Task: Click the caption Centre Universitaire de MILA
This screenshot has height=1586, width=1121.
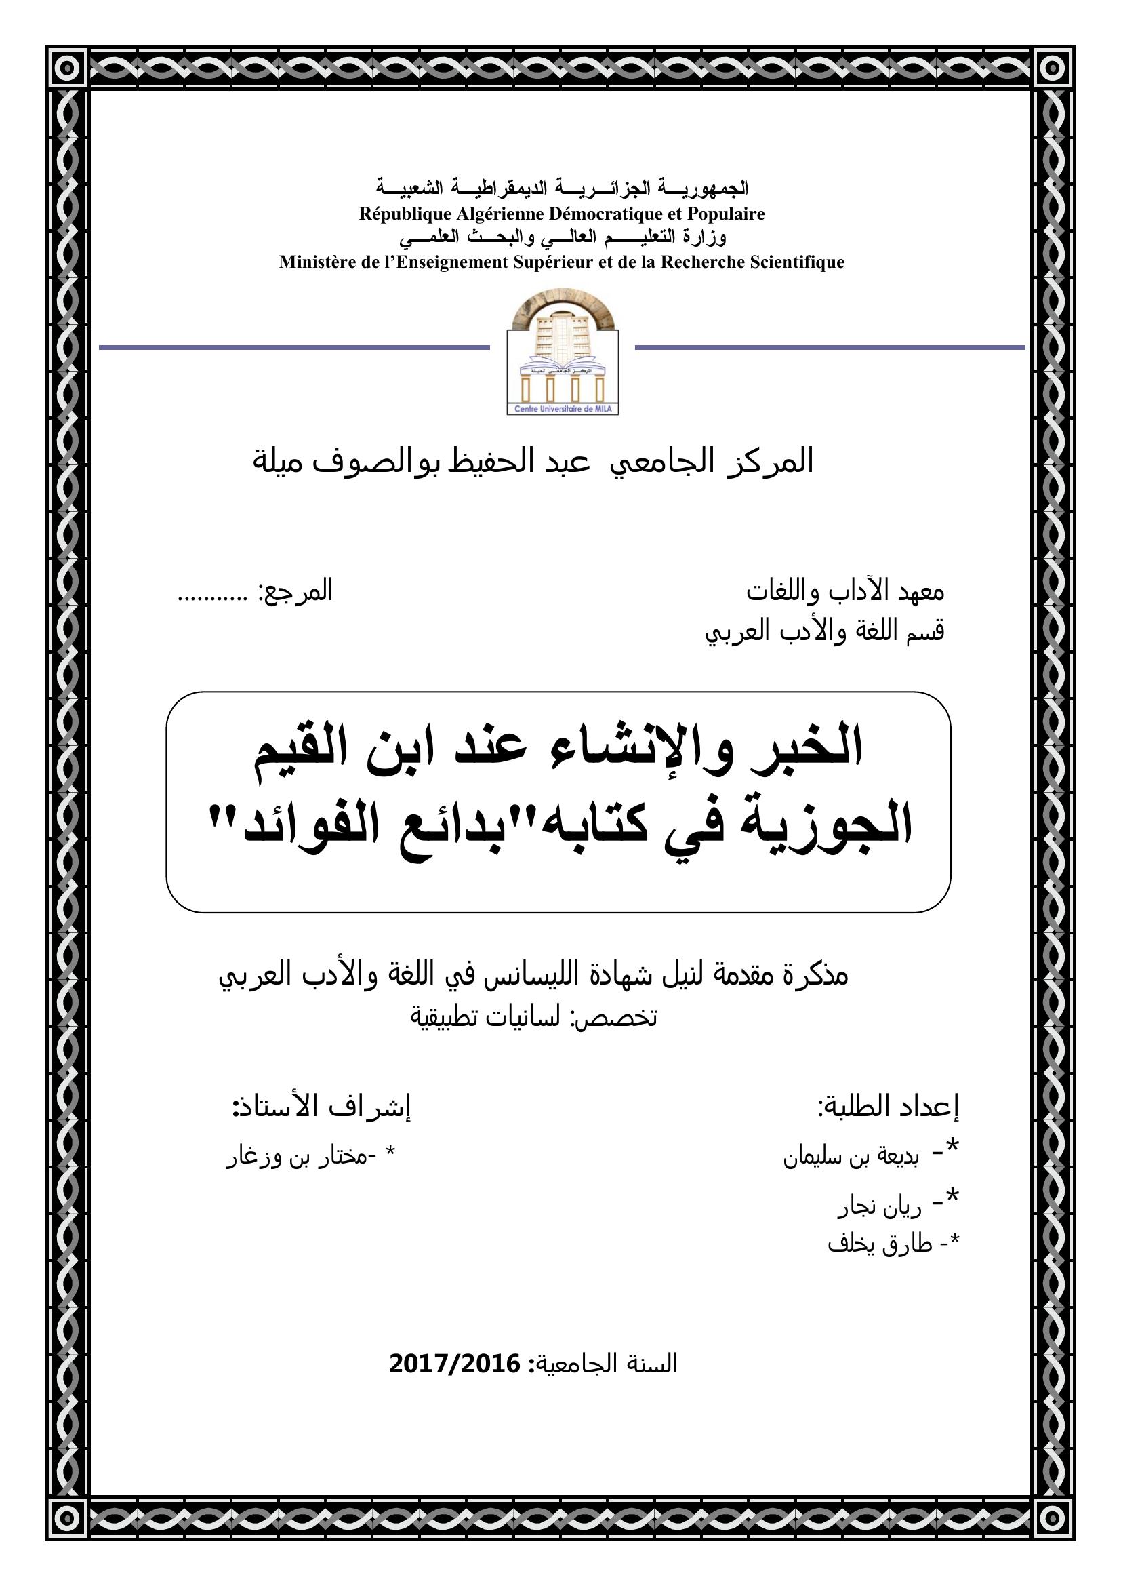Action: click(x=563, y=410)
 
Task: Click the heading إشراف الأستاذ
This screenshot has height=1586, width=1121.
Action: click(x=322, y=1108)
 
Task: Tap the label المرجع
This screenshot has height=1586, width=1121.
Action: click(x=295, y=592)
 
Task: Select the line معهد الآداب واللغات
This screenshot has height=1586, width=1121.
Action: click(x=845, y=592)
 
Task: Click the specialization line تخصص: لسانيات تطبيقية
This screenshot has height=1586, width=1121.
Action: click(x=534, y=1018)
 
